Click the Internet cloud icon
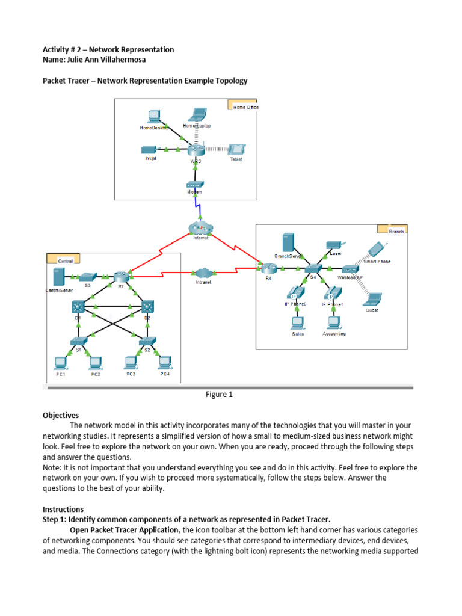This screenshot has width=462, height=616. pyautogui.click(x=200, y=227)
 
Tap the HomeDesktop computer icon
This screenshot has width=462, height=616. pyautogui.click(x=154, y=116)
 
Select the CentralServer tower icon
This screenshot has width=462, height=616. pyautogui.click(x=58, y=277)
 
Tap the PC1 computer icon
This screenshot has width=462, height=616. pyautogui.click(x=60, y=362)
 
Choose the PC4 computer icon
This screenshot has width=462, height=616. pyautogui.click(x=164, y=362)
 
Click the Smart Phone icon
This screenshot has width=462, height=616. pyautogui.click(x=377, y=249)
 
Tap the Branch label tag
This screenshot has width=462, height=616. pyautogui.click(x=392, y=230)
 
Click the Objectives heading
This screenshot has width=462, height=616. pyautogui.click(x=60, y=415)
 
